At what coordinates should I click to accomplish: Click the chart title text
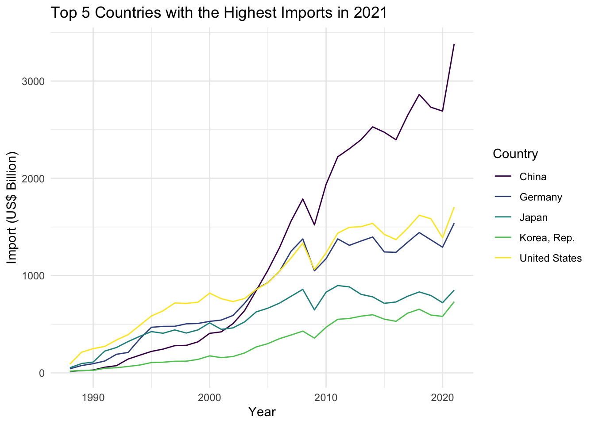(x=219, y=13)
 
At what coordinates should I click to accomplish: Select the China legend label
(x=533, y=177)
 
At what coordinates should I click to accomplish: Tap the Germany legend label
(x=541, y=197)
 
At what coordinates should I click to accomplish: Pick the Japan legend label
(x=533, y=218)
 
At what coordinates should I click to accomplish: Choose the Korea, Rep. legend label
(x=547, y=238)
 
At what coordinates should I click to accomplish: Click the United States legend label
(x=550, y=259)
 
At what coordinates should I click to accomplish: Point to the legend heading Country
(x=515, y=154)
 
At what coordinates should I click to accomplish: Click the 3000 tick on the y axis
(x=33, y=81)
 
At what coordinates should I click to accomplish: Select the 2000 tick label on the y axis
(x=33, y=178)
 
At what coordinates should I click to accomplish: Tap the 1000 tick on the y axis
(x=33, y=276)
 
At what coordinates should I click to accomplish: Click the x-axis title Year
(x=262, y=412)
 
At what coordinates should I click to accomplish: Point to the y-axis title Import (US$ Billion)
(x=12, y=208)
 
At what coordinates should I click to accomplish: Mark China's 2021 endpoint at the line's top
(x=454, y=44)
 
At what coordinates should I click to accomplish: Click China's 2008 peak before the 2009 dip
(x=303, y=199)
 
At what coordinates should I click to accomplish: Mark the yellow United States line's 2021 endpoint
(x=454, y=207)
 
